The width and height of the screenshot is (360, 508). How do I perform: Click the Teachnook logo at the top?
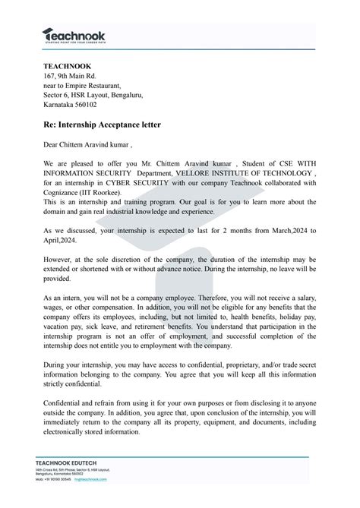tap(74, 34)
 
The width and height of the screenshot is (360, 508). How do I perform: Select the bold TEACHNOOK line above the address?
tap(68, 67)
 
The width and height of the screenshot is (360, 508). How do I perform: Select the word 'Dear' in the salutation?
tap(52, 144)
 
